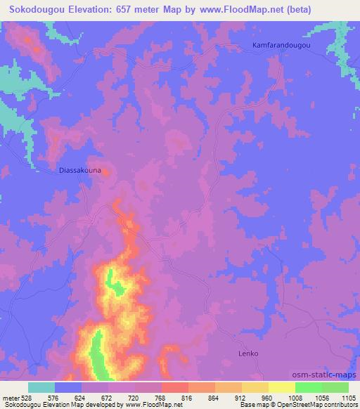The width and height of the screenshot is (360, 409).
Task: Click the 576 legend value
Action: coord(54,397)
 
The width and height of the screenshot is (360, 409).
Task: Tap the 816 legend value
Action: coord(188,397)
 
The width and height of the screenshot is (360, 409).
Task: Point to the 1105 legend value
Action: coord(347,397)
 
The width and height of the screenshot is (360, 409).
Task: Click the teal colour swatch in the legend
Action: coord(41,387)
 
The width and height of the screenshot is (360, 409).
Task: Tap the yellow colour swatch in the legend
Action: coord(282,387)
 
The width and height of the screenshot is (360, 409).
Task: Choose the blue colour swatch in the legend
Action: coord(68,387)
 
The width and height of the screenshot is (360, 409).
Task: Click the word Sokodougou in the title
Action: coord(34,9)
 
